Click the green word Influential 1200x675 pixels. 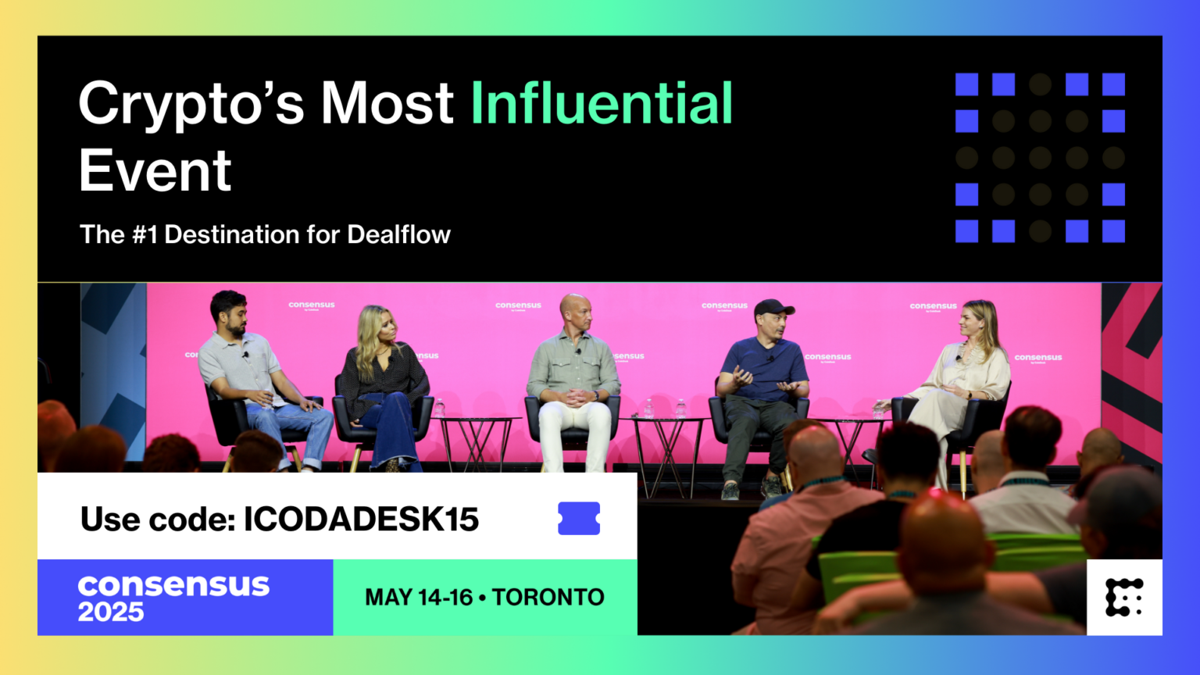pos(602,103)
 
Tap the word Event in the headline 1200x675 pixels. pos(155,171)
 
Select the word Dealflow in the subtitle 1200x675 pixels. pos(398,234)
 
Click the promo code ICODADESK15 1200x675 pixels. pos(361,520)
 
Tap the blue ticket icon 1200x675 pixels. pos(579,518)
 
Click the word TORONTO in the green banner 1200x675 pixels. pos(548,598)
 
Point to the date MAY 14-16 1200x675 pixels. pos(419,598)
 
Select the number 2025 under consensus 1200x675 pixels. pos(111,612)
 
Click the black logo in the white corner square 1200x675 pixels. pos(1124,598)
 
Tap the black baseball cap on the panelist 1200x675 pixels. pos(773,307)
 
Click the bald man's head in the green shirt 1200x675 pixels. pos(575,310)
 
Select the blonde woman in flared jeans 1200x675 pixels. pos(382,383)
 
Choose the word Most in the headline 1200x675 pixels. pos(387,103)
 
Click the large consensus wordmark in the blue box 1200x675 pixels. pos(173,585)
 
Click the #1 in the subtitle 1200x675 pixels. pos(145,234)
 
